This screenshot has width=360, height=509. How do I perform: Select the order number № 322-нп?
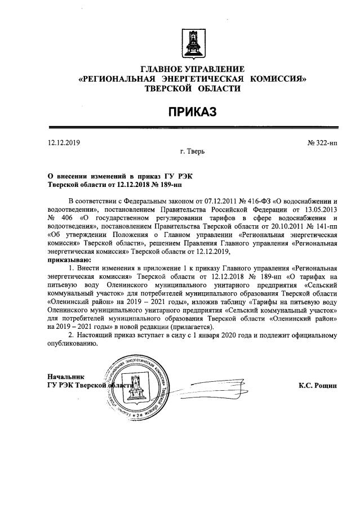(322, 143)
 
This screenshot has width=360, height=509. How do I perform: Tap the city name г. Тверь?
(192, 153)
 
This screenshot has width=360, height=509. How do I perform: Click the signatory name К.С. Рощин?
(317, 385)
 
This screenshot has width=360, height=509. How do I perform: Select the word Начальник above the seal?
(66, 376)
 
